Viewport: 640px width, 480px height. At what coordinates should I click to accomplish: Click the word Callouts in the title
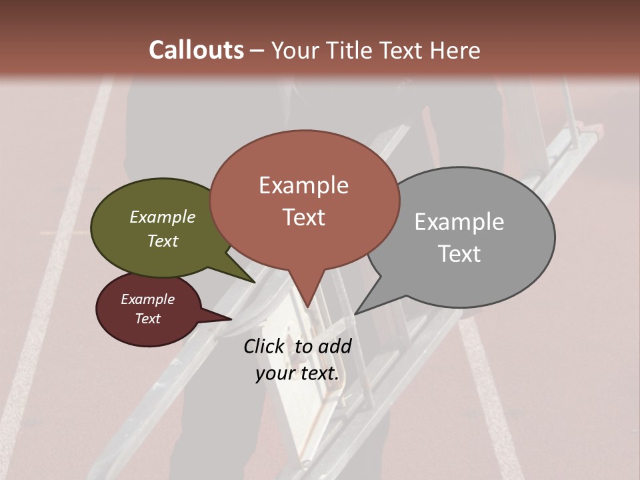(196, 50)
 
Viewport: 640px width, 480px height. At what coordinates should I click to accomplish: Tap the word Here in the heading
(455, 50)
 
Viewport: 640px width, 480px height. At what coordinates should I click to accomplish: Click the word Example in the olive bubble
(163, 217)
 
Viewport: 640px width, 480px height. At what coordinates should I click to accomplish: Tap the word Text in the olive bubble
(163, 241)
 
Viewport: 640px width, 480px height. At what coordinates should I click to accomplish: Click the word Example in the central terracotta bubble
(303, 185)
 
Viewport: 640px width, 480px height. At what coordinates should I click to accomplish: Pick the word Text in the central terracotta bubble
(303, 217)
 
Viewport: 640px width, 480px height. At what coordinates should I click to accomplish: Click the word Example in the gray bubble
(459, 222)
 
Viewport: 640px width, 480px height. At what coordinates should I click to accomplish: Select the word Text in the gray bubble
(459, 254)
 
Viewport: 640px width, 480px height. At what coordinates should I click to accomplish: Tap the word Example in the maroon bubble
(147, 299)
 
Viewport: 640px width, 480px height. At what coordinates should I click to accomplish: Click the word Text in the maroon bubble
(147, 319)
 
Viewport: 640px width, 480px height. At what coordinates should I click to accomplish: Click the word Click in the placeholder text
(265, 346)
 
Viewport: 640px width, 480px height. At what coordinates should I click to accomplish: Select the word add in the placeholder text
(334, 346)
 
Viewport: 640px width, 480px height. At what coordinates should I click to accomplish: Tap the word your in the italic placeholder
(275, 373)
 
